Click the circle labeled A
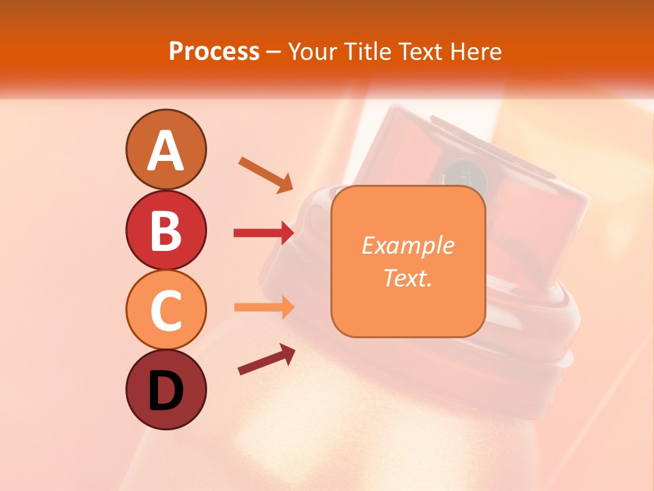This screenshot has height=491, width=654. (x=166, y=149)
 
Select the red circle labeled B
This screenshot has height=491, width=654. (x=166, y=230)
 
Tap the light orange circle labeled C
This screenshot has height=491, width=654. (x=166, y=310)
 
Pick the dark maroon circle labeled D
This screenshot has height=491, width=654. (x=166, y=390)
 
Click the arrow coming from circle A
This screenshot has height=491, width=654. (x=266, y=175)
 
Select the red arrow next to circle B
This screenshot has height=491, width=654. (x=264, y=233)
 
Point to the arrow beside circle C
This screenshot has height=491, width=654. (x=264, y=307)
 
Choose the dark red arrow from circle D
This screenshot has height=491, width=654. (x=266, y=359)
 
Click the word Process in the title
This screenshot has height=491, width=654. (x=214, y=51)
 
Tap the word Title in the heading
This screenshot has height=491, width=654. (x=368, y=51)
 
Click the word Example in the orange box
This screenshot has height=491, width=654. (x=407, y=245)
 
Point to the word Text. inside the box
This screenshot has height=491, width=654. (x=407, y=278)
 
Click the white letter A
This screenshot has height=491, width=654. (x=166, y=151)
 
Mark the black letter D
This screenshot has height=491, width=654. (x=166, y=391)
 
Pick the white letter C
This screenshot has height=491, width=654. (x=166, y=311)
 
